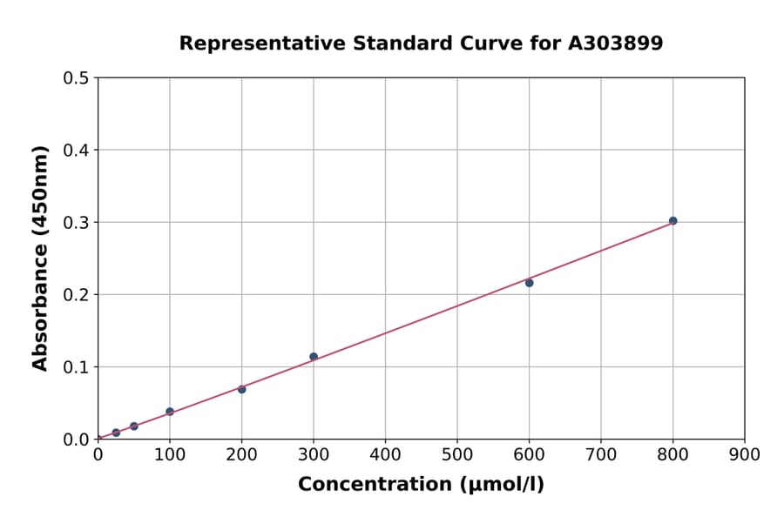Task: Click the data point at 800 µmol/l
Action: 672,221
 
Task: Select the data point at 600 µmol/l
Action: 529,283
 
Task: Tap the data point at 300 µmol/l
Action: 314,357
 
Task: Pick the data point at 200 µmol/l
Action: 241,389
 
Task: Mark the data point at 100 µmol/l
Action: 170,412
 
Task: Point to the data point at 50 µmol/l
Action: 134,426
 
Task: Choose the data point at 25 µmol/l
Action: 116,433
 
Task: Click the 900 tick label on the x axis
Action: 744,454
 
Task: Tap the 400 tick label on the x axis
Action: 385,454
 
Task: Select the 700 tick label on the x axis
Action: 600,454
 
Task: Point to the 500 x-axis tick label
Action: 456,454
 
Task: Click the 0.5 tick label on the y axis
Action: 76,78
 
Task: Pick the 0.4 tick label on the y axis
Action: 76,151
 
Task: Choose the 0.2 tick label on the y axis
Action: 76,295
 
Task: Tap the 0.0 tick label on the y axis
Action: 76,440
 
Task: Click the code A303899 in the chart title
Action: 616,44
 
